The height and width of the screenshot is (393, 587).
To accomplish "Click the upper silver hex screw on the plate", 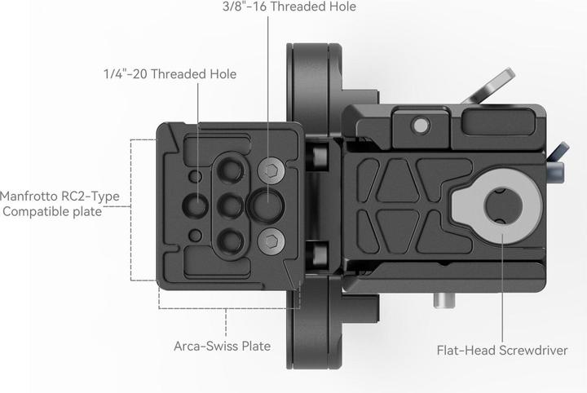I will pos(270,170).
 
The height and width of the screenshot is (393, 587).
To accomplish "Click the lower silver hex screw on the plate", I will pos(270,240).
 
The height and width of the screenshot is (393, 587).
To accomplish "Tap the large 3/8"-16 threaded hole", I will pos(267,204).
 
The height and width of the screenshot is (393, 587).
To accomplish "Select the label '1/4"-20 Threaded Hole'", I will pos(170,74).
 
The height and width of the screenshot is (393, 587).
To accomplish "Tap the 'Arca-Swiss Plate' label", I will pos(222,346).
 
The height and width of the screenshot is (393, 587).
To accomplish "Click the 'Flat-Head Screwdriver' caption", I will pos(501,351).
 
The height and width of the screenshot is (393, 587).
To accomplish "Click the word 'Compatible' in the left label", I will pos(38,212).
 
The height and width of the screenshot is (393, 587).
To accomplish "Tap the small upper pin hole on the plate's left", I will pos(194,176).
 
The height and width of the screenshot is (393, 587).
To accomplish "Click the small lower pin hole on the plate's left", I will pos(194,235).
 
